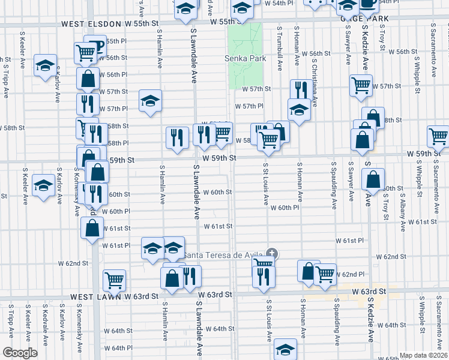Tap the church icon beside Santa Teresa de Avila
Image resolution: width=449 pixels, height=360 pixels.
[272, 254]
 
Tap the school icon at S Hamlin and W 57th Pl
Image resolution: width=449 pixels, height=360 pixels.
[151, 99]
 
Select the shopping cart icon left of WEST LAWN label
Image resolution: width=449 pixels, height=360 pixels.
[114, 279]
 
